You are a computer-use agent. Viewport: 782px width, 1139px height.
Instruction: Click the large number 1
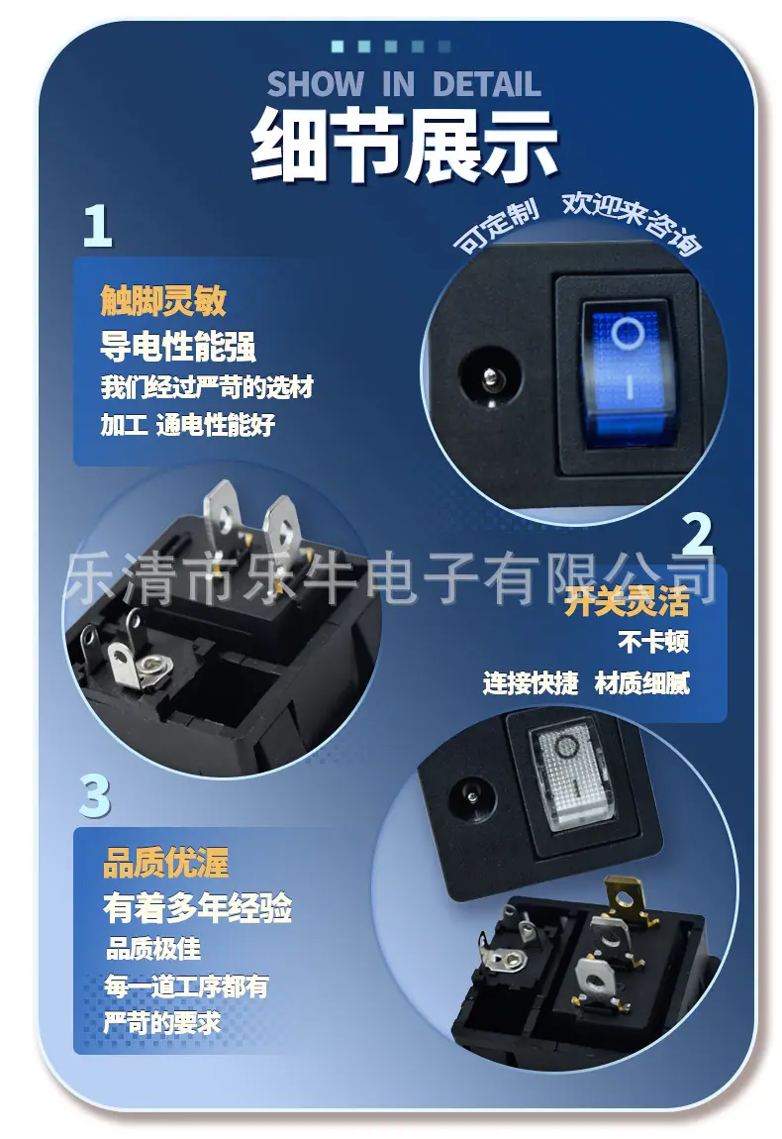[x=98, y=225]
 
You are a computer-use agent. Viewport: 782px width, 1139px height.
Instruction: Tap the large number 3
[x=94, y=795]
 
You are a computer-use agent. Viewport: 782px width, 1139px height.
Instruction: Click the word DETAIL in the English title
[x=486, y=84]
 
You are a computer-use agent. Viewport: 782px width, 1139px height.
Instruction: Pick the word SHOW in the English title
[x=316, y=84]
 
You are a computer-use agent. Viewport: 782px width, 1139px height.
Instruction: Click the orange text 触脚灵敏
[x=163, y=299]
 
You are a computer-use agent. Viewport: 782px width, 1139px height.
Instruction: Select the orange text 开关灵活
[x=627, y=601]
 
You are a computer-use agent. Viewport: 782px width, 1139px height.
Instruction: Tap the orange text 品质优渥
[x=165, y=863]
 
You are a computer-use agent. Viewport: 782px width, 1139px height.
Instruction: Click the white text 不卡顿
[x=652, y=642]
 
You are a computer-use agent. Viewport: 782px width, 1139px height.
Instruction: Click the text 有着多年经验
[x=198, y=907]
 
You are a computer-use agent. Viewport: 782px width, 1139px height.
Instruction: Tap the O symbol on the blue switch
[x=628, y=335]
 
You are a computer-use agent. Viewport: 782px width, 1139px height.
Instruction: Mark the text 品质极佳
[x=153, y=948]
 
